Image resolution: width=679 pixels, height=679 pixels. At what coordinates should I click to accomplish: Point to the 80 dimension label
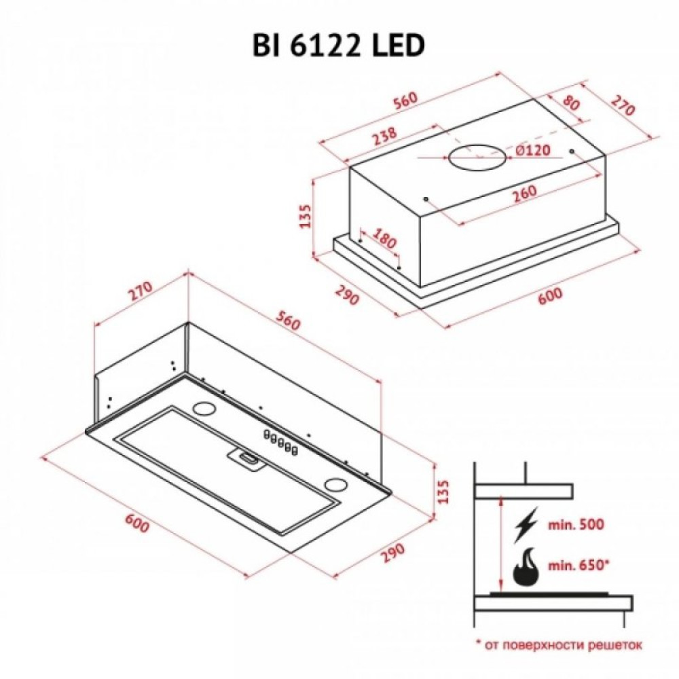[x=572, y=105]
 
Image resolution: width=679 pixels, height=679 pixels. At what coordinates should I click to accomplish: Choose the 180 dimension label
[x=385, y=240]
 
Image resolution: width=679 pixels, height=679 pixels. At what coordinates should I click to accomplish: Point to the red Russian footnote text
[x=558, y=644]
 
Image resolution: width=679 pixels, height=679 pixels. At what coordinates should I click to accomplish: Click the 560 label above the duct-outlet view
[x=404, y=100]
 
